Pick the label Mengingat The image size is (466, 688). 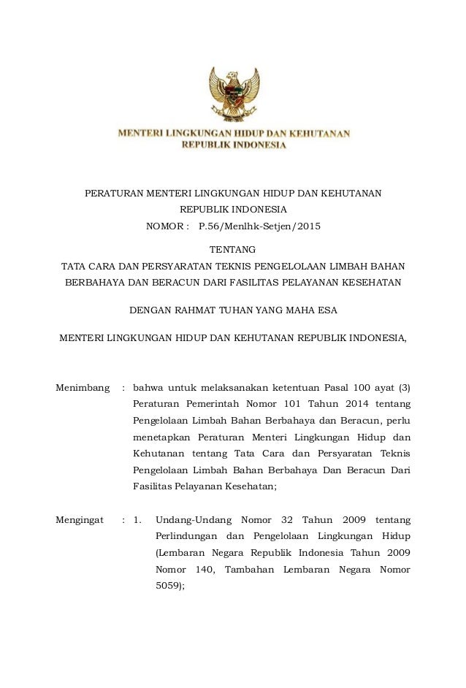click(x=82, y=520)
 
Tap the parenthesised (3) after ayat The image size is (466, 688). click(x=403, y=386)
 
